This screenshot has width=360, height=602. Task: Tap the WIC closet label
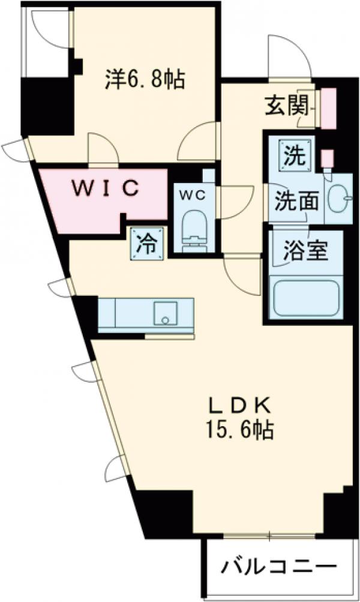106,188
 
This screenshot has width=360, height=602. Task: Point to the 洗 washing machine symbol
293,157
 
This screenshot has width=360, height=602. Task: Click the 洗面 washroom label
296,202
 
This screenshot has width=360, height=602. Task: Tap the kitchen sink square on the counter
164,312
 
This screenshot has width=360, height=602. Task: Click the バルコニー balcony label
277,566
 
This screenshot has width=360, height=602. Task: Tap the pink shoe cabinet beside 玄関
328,109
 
